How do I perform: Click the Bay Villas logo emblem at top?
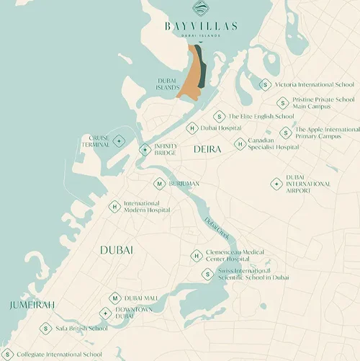click(200, 9)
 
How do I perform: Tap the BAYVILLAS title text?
click(200, 27)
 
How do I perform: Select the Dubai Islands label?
click(167, 84)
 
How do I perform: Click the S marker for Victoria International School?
click(265, 84)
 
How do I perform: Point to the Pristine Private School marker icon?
click(283, 103)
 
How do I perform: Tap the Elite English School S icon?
click(219, 116)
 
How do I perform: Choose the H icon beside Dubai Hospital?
click(192, 128)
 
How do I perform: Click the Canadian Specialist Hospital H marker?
click(240, 144)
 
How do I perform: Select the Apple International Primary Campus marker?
click(286, 133)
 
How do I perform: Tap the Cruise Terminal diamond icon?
click(119, 141)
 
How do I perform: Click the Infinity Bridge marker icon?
click(145, 150)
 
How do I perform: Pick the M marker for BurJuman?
click(160, 184)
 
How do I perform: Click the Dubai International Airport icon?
click(276, 184)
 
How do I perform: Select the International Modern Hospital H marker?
click(114, 207)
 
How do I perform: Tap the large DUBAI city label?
click(117, 249)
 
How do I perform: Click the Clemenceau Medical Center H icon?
click(196, 256)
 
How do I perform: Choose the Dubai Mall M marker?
click(114, 298)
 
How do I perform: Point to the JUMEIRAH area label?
click(32, 306)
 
